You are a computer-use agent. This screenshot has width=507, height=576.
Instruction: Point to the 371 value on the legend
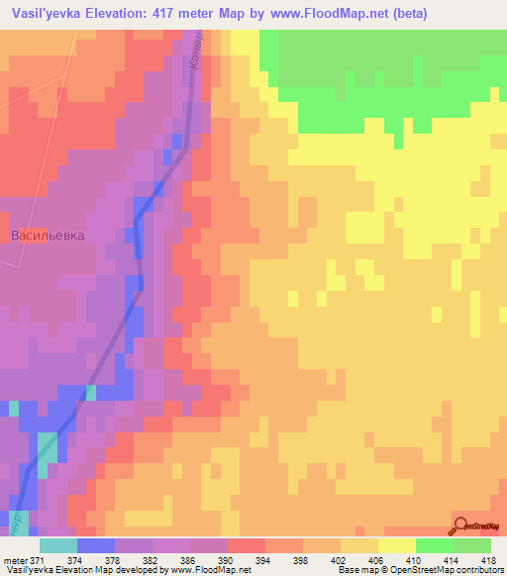[x=37, y=559]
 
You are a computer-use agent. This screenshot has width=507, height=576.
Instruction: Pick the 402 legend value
[x=339, y=559]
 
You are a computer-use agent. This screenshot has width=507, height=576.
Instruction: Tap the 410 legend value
[x=414, y=559]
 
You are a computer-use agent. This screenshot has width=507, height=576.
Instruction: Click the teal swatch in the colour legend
[x=57, y=545]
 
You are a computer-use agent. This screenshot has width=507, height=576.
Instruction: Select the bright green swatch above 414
[x=434, y=545]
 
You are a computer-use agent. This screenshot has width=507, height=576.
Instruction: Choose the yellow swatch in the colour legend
[x=396, y=545]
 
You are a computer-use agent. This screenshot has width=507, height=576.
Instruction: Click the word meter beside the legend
[x=14, y=559]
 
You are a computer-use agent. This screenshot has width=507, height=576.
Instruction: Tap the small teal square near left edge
[x=14, y=408]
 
